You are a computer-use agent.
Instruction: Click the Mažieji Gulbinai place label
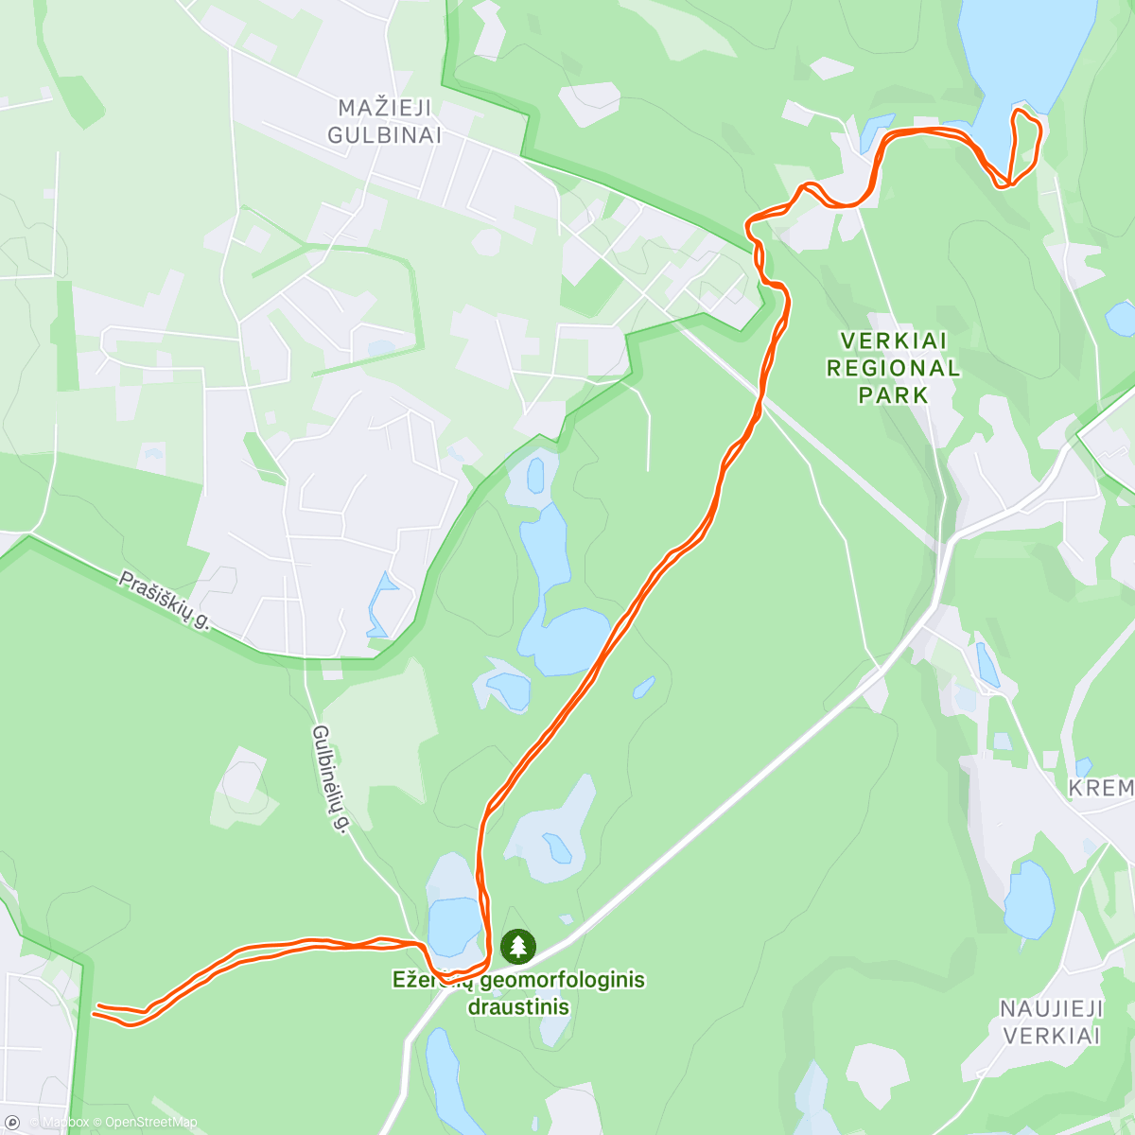(384, 121)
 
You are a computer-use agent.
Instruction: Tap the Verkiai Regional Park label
(893, 368)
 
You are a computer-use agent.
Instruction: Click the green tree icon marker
(517, 945)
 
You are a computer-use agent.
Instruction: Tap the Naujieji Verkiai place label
(1052, 1022)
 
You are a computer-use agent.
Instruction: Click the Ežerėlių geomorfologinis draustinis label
(518, 992)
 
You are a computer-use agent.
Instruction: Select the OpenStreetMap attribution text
(150, 1123)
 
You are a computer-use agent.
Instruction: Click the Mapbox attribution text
(64, 1123)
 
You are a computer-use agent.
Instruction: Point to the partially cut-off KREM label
(1101, 788)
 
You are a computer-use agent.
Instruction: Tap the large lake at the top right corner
(1026, 47)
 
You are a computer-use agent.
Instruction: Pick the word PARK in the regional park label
(893, 394)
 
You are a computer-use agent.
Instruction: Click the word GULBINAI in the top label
(384, 134)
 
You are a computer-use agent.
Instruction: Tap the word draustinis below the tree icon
(518, 1006)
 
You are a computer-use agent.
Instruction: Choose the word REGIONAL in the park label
(893, 368)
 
